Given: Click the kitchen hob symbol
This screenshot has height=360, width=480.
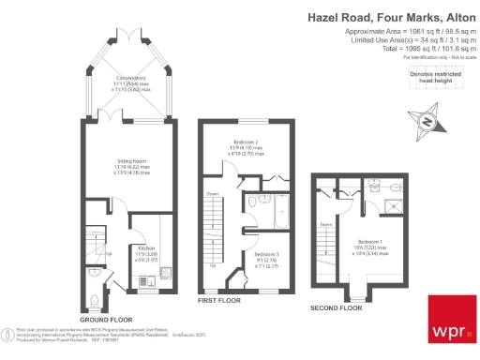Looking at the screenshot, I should pyautogui.click(x=146, y=280).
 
